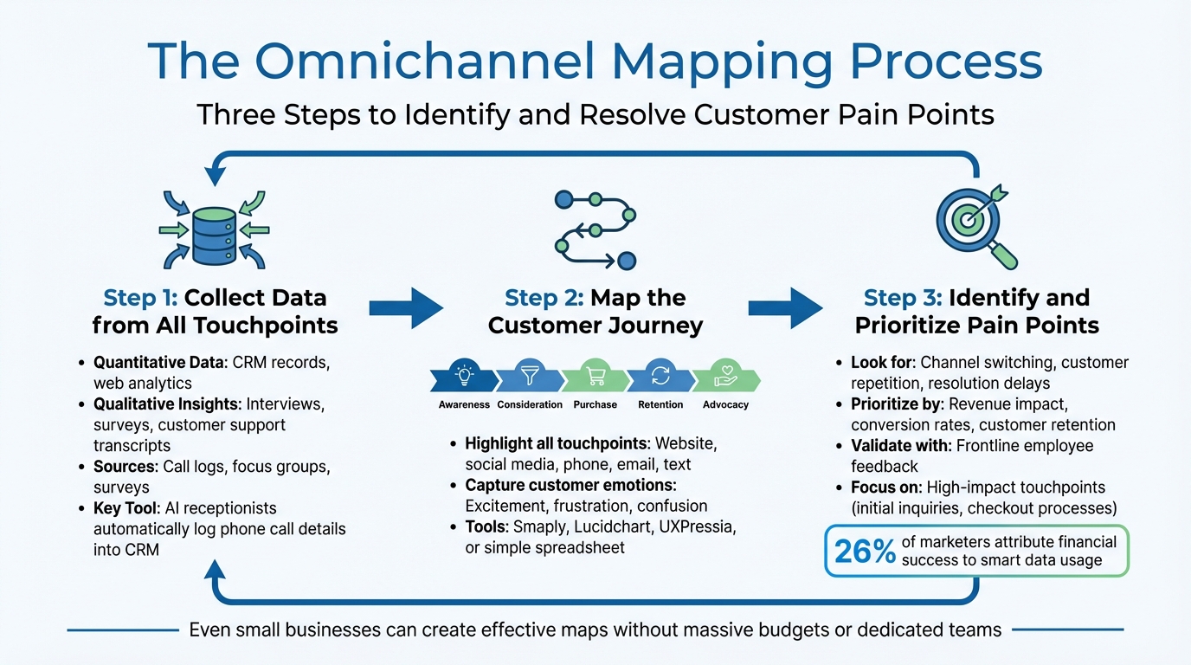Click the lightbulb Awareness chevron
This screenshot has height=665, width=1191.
465,378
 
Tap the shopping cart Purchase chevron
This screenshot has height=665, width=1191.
595,378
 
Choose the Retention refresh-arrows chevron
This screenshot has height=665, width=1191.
660,378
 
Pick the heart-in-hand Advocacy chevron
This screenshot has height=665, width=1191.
725,378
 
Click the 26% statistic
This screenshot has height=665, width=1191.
865,551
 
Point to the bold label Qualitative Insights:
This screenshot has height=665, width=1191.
167,404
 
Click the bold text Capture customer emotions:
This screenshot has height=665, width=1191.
570,485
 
